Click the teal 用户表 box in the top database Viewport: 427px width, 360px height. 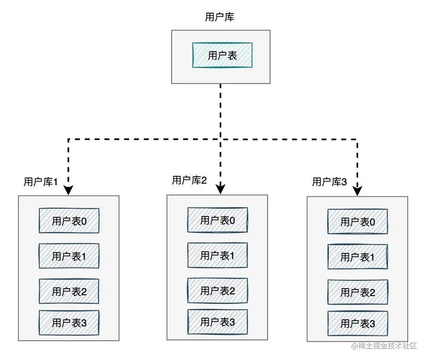tap(222, 55)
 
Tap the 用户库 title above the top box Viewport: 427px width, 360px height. tap(220, 17)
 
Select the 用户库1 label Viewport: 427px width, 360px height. tap(41, 182)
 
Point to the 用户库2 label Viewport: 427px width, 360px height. tap(189, 180)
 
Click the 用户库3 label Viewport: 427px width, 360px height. tap(329, 182)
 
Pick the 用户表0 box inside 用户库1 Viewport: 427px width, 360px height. tap(69, 221)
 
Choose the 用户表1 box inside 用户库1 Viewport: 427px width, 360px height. tap(69, 256)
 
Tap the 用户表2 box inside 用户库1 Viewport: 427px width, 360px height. tap(69, 292)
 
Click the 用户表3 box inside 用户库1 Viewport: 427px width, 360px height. tap(69, 323)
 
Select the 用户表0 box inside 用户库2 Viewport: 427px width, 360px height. tap(217, 220)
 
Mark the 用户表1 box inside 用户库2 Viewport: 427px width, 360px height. tap(217, 255)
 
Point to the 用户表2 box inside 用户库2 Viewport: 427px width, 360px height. tap(217, 291)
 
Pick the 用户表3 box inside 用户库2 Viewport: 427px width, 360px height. tap(217, 322)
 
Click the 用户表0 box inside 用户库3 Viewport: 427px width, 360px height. tap(358, 221)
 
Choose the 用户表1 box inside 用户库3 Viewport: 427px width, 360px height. tap(358, 257)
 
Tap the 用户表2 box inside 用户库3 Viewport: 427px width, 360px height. tap(358, 292)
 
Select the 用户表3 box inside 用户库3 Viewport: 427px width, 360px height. tap(358, 324)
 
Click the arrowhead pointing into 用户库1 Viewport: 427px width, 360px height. tap(68, 191)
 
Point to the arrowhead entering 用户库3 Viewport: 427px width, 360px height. tap(357, 191)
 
